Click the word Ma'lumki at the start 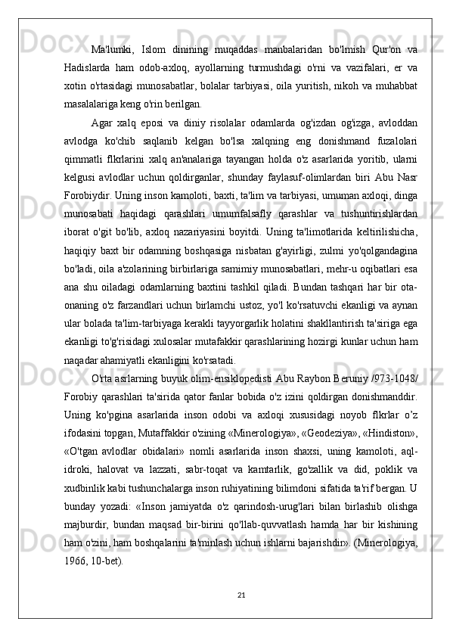(x=111, y=50)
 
